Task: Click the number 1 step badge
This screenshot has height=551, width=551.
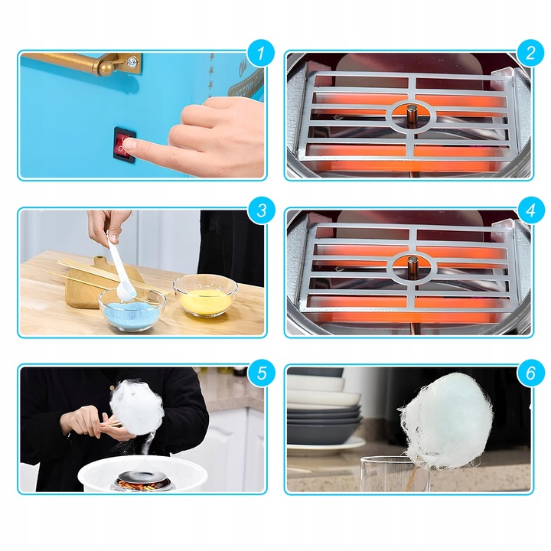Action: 261,54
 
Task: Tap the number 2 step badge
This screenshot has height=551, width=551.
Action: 530,54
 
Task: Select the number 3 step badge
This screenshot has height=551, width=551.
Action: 262,210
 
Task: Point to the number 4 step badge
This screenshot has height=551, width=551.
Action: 530,210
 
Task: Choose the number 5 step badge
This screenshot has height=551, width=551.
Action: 262,373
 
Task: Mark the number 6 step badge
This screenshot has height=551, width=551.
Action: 530,373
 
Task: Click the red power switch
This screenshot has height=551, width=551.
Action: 125,145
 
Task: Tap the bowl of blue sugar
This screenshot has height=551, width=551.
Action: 132,309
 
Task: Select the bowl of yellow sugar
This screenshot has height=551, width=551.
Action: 205,296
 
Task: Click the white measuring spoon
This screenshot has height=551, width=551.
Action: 119,267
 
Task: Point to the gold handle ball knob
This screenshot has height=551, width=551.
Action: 106,68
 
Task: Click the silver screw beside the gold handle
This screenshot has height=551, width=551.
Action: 132,63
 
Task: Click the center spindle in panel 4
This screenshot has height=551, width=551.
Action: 412,268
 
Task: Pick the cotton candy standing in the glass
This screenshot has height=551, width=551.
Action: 445,421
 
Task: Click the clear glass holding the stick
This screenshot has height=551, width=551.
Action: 396,474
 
